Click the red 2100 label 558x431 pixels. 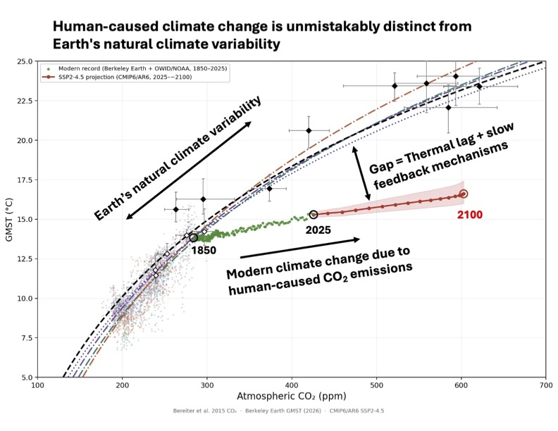(469, 215)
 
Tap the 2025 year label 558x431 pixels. (319, 229)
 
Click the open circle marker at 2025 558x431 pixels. (314, 214)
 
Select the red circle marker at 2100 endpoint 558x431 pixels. (463, 194)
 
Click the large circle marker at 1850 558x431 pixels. (194, 237)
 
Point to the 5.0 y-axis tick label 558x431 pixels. (25, 377)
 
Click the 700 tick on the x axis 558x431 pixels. (545, 386)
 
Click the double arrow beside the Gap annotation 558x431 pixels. (361, 173)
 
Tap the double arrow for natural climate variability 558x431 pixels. (188, 170)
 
